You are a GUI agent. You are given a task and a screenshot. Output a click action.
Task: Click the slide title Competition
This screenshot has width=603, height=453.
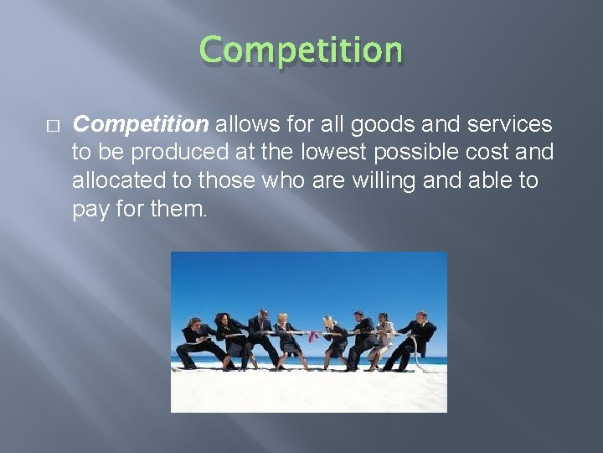(x=301, y=50)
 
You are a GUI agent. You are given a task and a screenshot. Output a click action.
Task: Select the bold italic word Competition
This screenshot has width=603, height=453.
(x=141, y=125)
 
